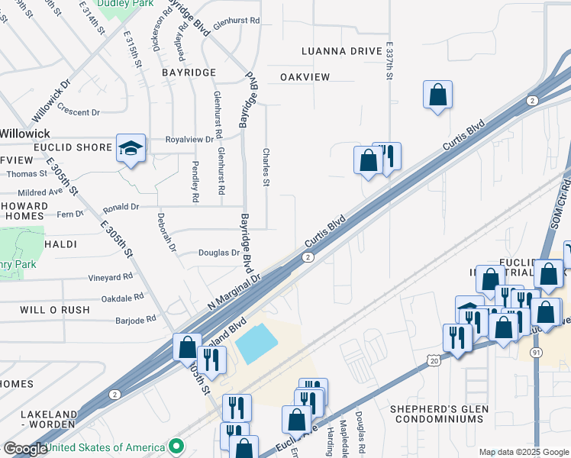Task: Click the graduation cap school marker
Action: point(131,149)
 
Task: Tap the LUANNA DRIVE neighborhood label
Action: point(341,51)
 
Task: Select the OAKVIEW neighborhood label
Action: point(305,77)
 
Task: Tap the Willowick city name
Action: point(24,133)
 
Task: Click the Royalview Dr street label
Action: point(189,140)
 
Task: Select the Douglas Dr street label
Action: point(219,253)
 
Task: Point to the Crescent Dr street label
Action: point(78,112)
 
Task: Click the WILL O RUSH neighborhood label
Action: point(55,310)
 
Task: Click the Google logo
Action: point(25,449)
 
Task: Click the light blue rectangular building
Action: point(257,343)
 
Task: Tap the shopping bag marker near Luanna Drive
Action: point(438,96)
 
